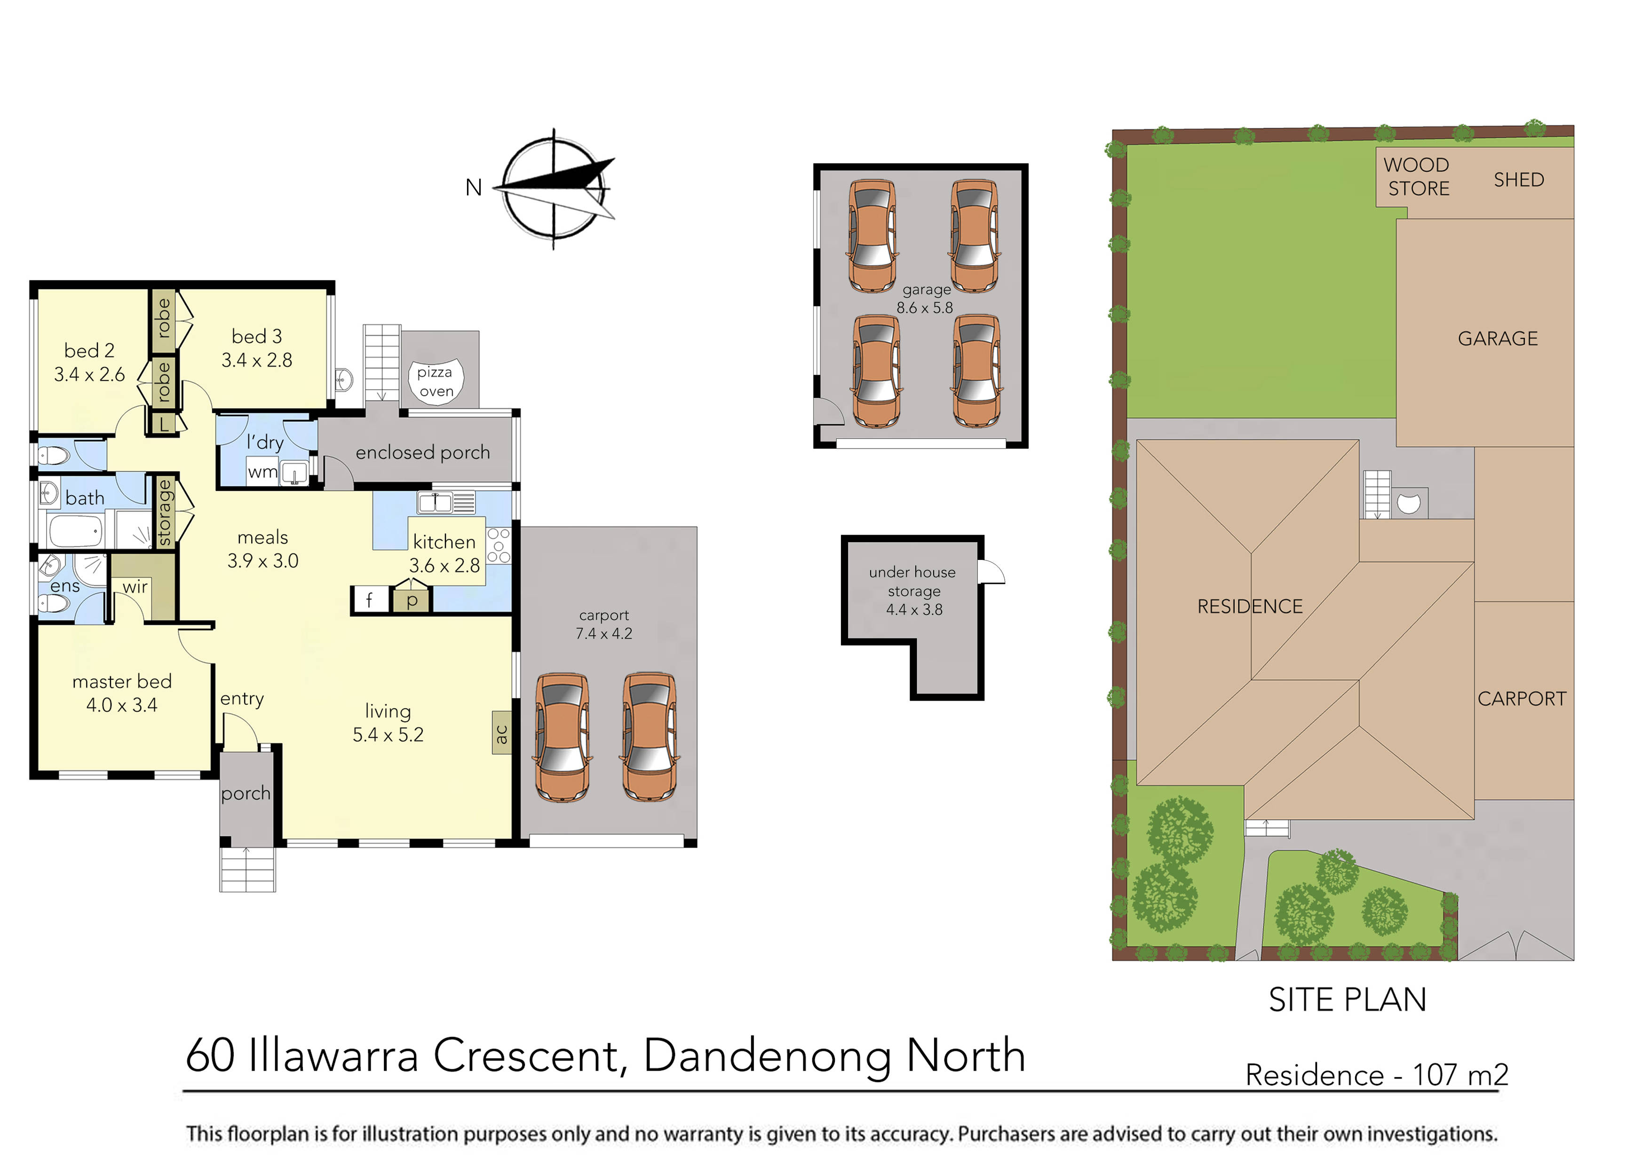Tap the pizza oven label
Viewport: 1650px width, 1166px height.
click(x=436, y=381)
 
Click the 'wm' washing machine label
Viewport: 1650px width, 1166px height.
click(x=262, y=472)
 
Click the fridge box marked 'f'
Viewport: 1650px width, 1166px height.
click(x=369, y=600)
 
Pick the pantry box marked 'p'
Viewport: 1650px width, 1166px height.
click(x=412, y=600)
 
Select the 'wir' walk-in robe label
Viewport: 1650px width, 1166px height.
click(x=135, y=587)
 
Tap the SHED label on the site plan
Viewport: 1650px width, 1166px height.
click(x=1518, y=180)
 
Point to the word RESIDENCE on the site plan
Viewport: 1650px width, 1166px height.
click(x=1250, y=607)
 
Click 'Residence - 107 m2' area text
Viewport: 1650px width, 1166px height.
click(x=1376, y=1075)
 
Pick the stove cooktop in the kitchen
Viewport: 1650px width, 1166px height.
click(x=499, y=546)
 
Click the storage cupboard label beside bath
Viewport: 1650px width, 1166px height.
click(x=165, y=512)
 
